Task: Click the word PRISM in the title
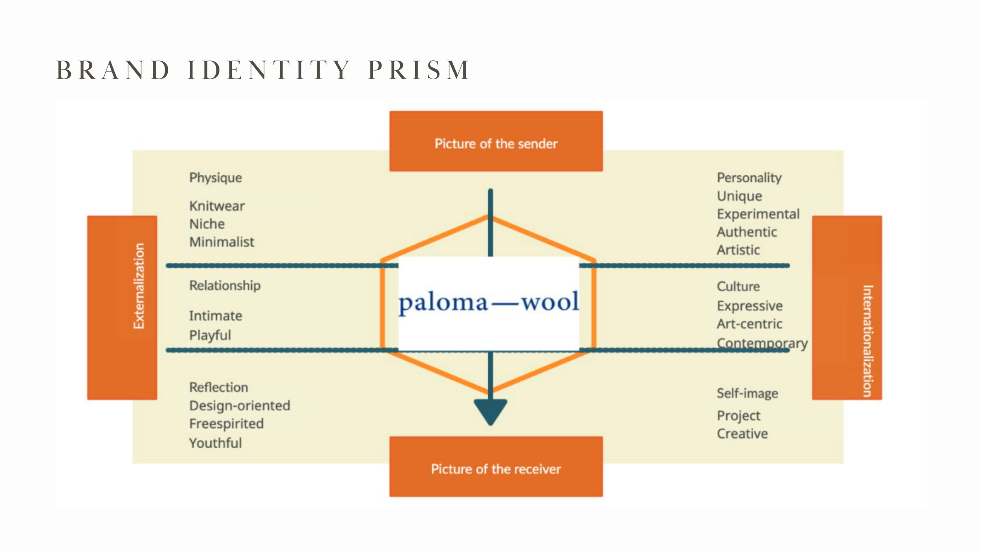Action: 418,70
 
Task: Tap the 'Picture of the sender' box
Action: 496,141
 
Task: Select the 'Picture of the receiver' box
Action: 496,467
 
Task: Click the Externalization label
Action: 139,286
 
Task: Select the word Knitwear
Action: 217,206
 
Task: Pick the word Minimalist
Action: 222,242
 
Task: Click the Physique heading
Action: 215,178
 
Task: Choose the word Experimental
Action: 758,214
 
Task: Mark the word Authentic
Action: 747,232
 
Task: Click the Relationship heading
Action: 225,286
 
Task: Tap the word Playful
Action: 210,335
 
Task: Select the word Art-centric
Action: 749,324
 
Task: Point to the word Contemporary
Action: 762,343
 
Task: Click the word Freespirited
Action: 226,424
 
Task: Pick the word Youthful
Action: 215,443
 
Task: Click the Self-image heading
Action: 747,393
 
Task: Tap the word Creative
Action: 742,434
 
